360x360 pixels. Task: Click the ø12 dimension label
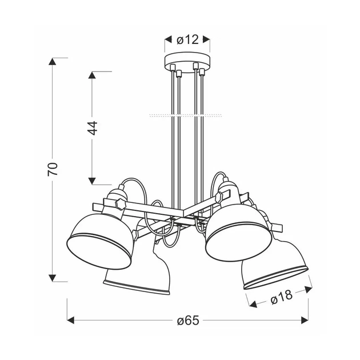(x=187, y=40)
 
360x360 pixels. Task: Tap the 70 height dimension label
(x=53, y=169)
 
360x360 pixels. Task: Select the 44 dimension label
(x=93, y=128)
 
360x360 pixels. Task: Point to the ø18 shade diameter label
(x=282, y=297)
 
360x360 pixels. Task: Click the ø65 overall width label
(x=188, y=320)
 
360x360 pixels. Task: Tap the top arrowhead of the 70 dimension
(x=53, y=62)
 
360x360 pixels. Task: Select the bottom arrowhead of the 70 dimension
(x=53, y=278)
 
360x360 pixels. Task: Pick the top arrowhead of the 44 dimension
(x=92, y=75)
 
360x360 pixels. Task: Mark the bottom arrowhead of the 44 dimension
(x=92, y=181)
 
